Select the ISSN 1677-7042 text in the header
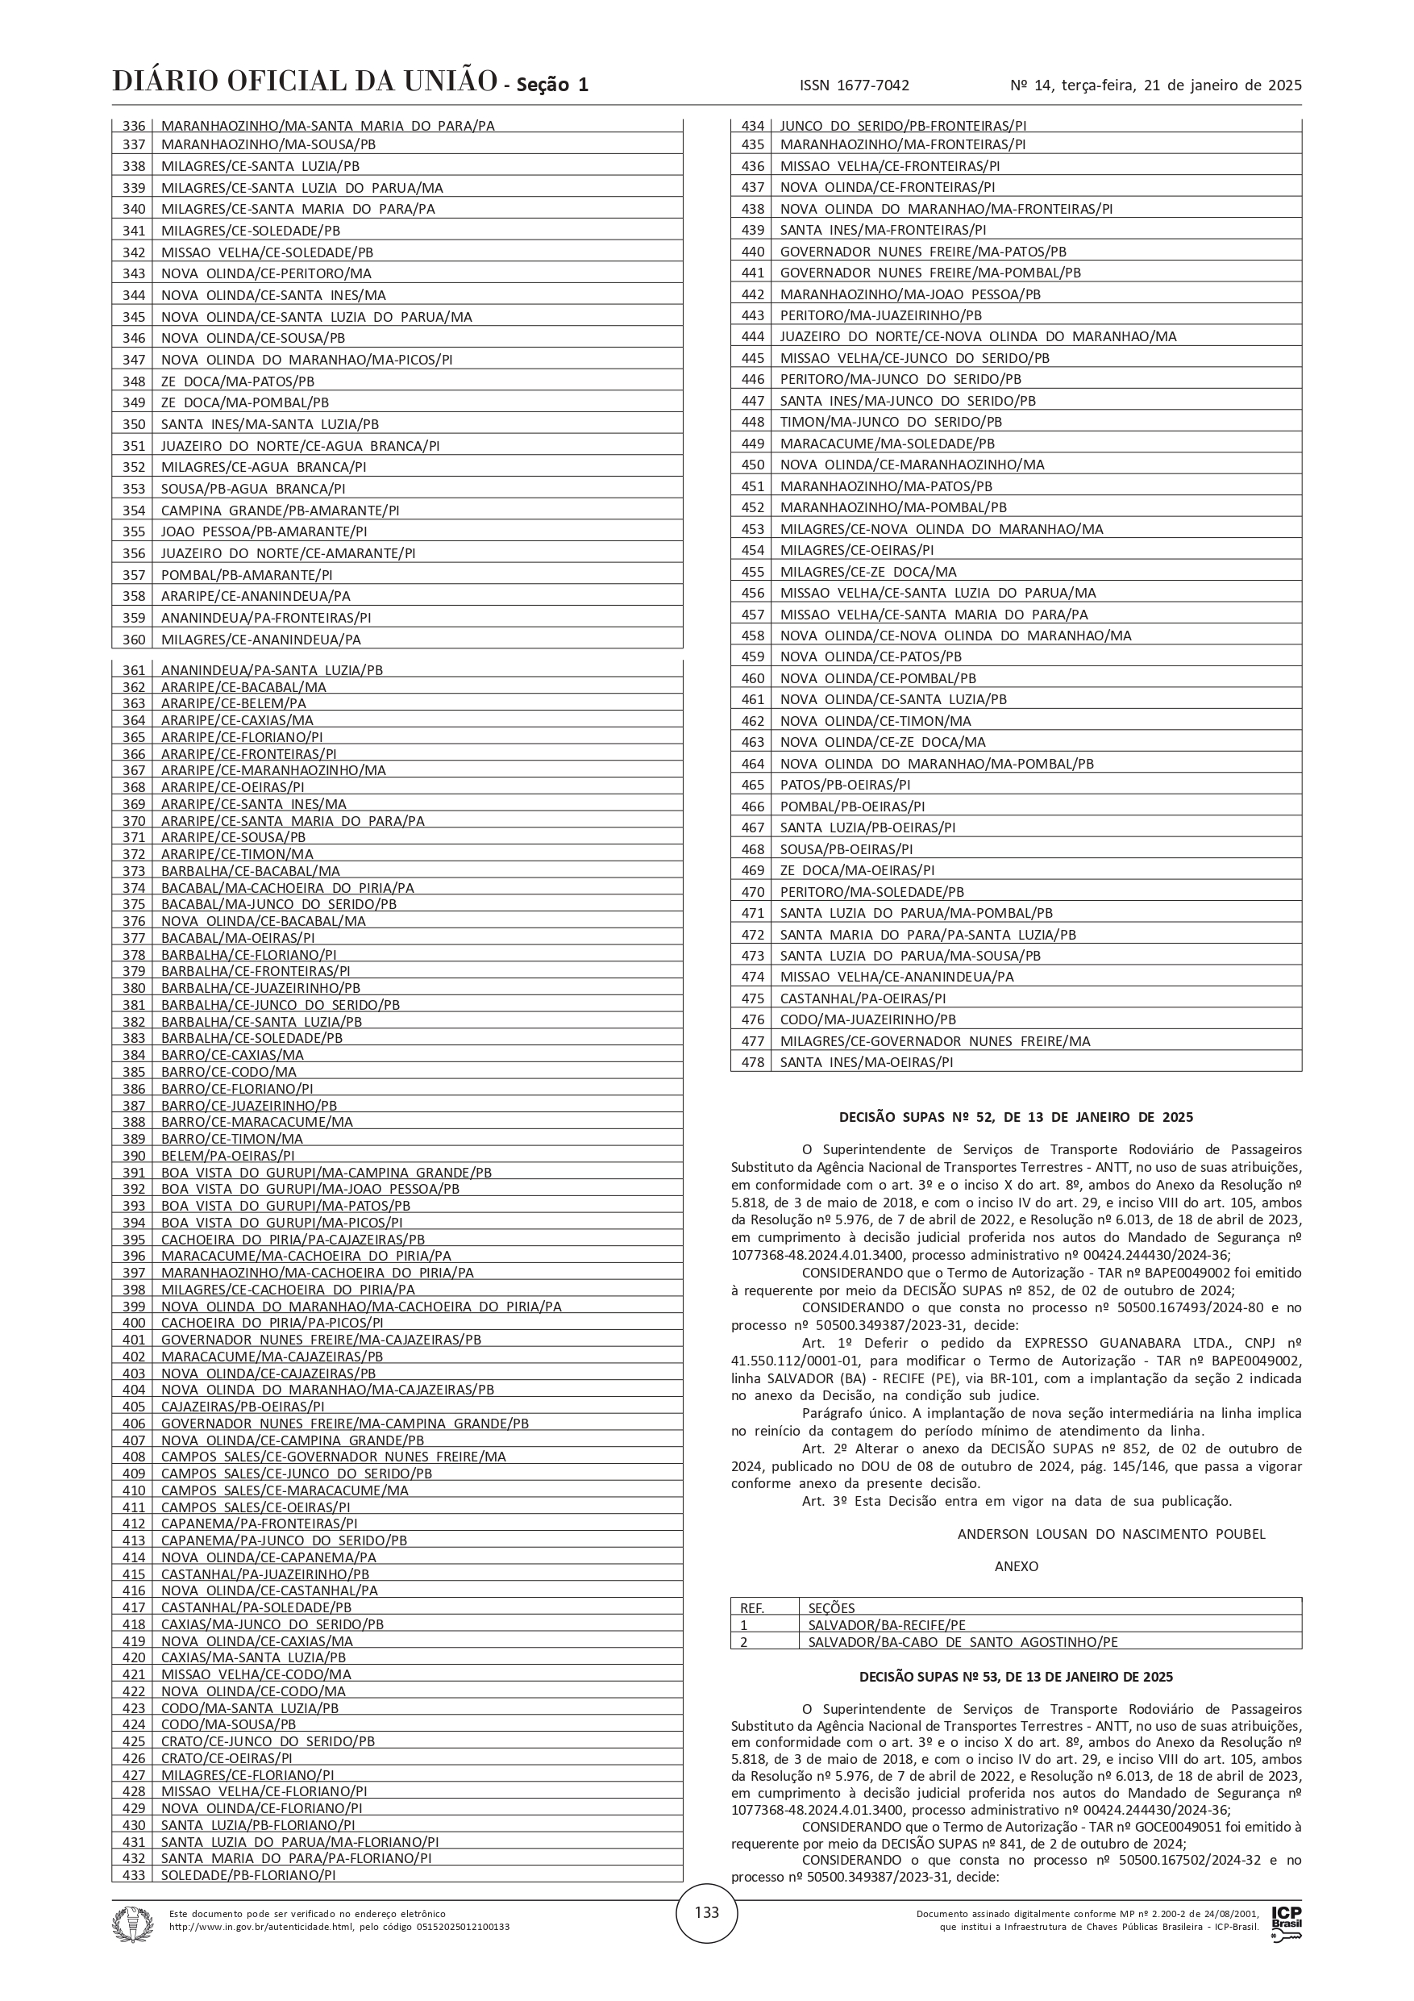tap(854, 85)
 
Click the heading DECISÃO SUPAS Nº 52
tap(1016, 1117)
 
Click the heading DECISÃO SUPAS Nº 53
tap(1016, 1676)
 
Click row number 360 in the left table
tap(133, 640)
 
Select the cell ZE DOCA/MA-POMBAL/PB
tap(245, 402)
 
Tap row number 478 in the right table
tap(752, 1062)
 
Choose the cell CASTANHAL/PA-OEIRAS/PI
tap(863, 998)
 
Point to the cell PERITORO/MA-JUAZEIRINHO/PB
tap(881, 315)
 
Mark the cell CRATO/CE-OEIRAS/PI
tap(227, 1758)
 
